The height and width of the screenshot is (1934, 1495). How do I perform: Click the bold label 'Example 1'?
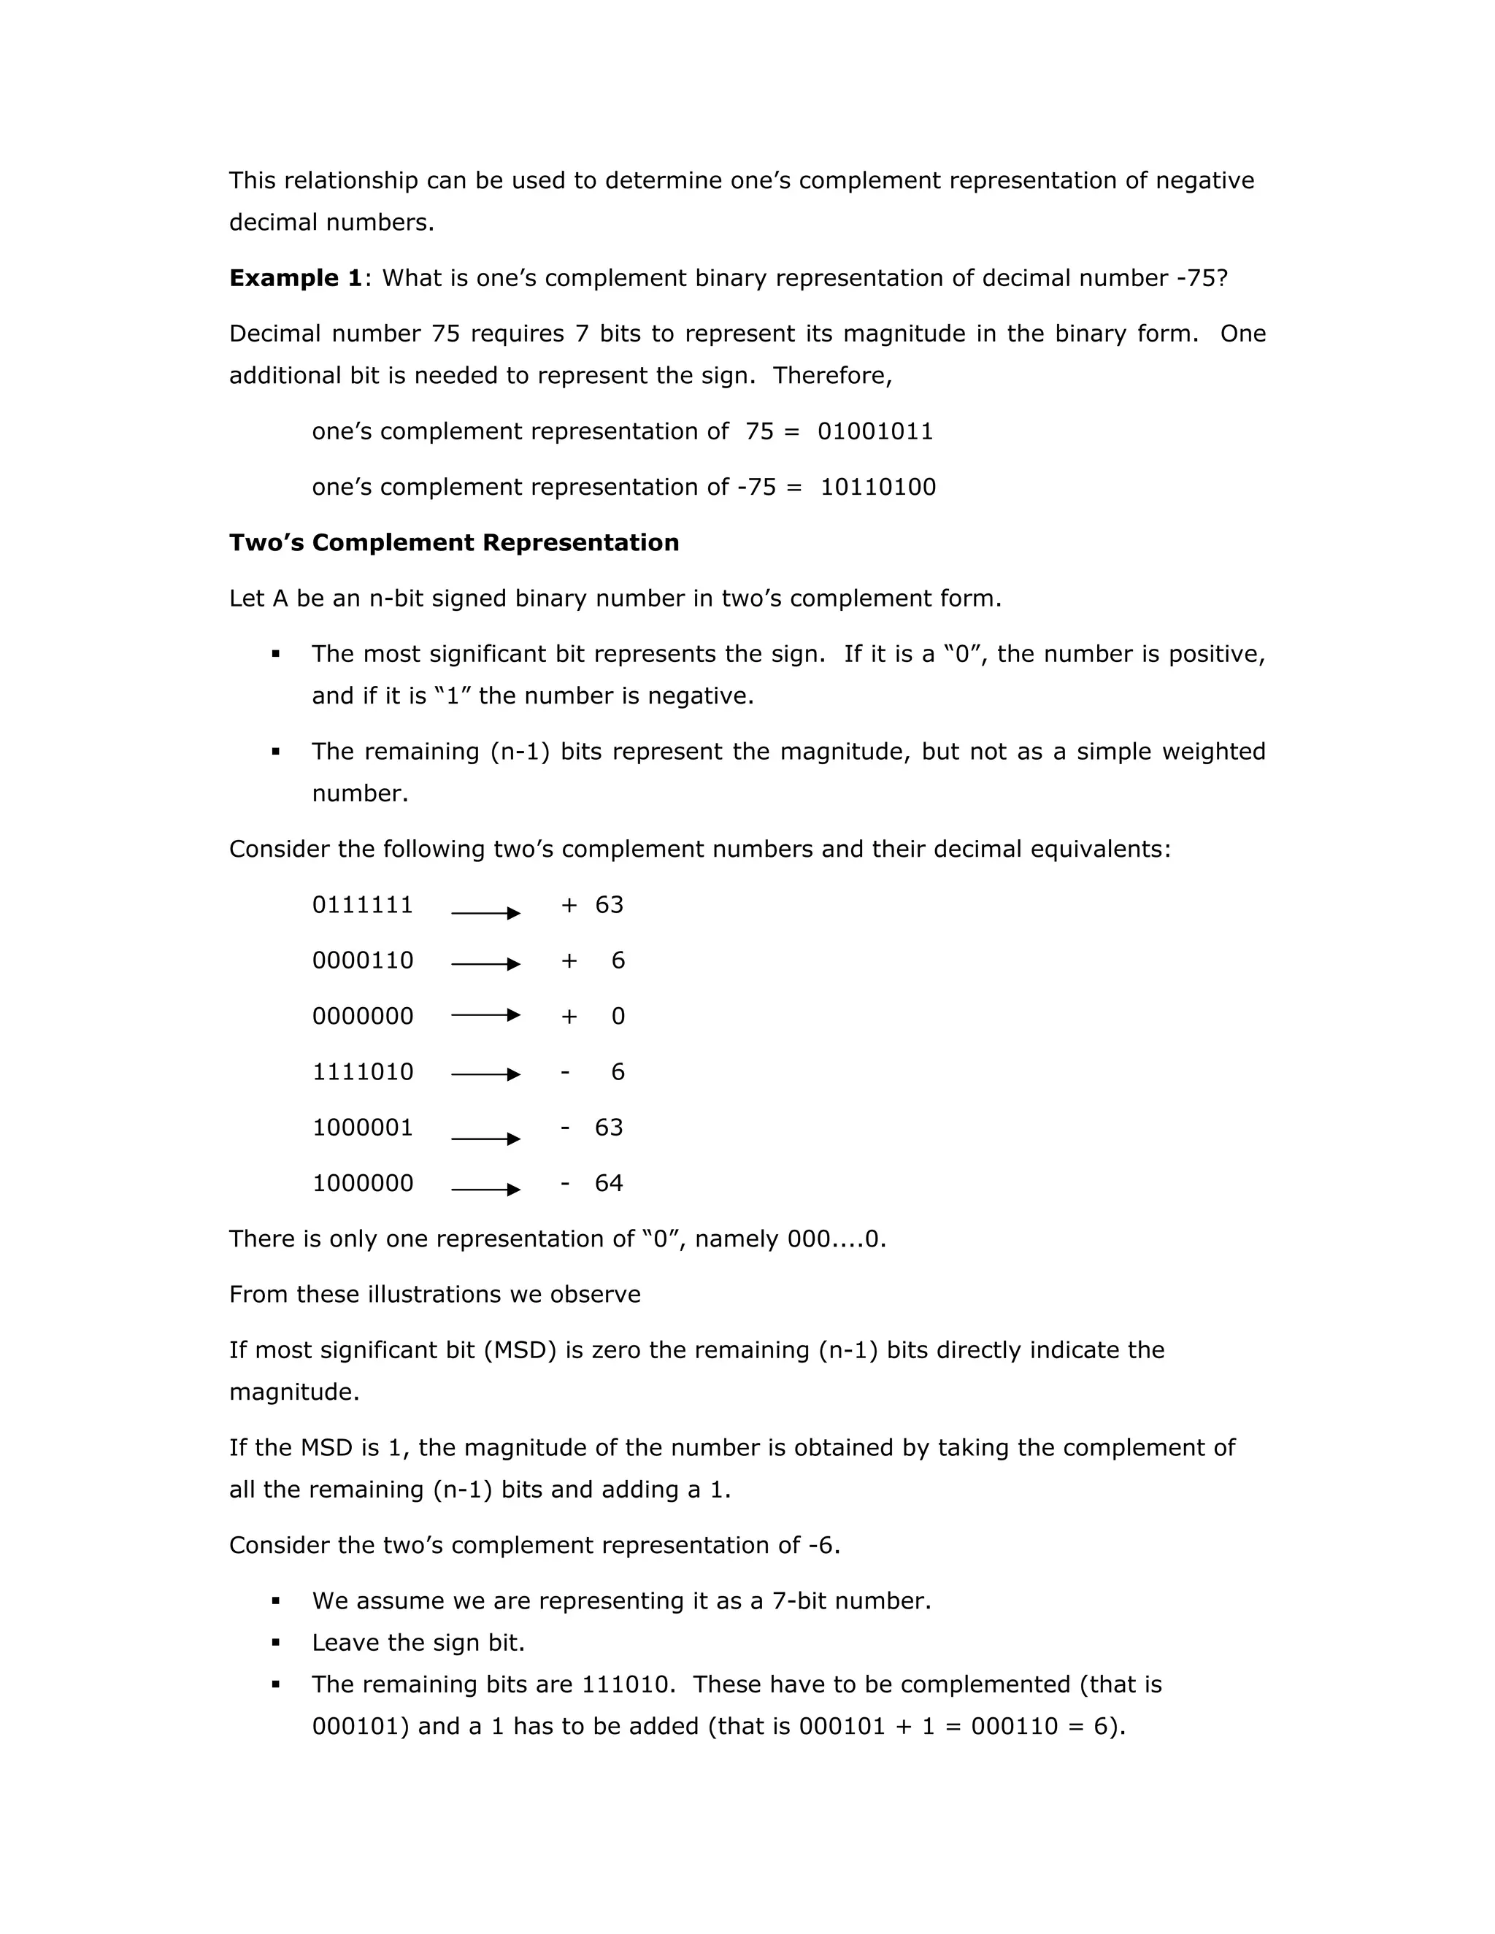(x=295, y=278)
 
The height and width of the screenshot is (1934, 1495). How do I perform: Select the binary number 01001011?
(x=875, y=431)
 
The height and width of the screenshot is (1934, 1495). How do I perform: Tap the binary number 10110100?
(x=877, y=487)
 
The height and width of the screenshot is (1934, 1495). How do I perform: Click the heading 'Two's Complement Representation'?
(x=453, y=543)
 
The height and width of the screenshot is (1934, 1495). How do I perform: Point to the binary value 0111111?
(x=362, y=905)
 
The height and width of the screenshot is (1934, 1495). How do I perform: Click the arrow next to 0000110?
(x=485, y=964)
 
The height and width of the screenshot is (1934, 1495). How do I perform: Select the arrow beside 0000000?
(x=485, y=1016)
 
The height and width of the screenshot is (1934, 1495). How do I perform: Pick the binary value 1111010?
(x=362, y=1072)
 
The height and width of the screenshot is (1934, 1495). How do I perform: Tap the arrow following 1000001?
(x=485, y=1139)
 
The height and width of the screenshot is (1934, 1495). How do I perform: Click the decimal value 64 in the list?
(x=609, y=1183)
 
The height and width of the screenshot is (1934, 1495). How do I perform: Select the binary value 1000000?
(x=362, y=1183)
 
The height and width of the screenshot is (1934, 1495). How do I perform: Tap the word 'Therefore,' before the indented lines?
(x=832, y=375)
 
